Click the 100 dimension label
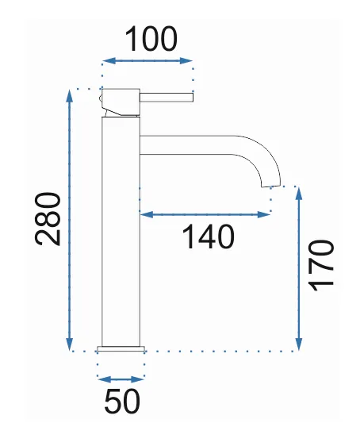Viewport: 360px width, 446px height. point(151,39)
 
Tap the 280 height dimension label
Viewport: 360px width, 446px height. point(48,218)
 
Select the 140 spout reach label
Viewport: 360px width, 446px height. point(209,236)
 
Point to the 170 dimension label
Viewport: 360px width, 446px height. point(321,266)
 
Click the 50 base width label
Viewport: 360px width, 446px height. point(122,401)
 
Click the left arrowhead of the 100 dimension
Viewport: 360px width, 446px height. point(109,60)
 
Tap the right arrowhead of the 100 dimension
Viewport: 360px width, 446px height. point(186,60)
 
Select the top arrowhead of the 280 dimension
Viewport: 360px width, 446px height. point(69,95)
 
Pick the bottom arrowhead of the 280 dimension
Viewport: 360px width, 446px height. point(69,344)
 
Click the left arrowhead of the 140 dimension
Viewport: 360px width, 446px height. point(147,214)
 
